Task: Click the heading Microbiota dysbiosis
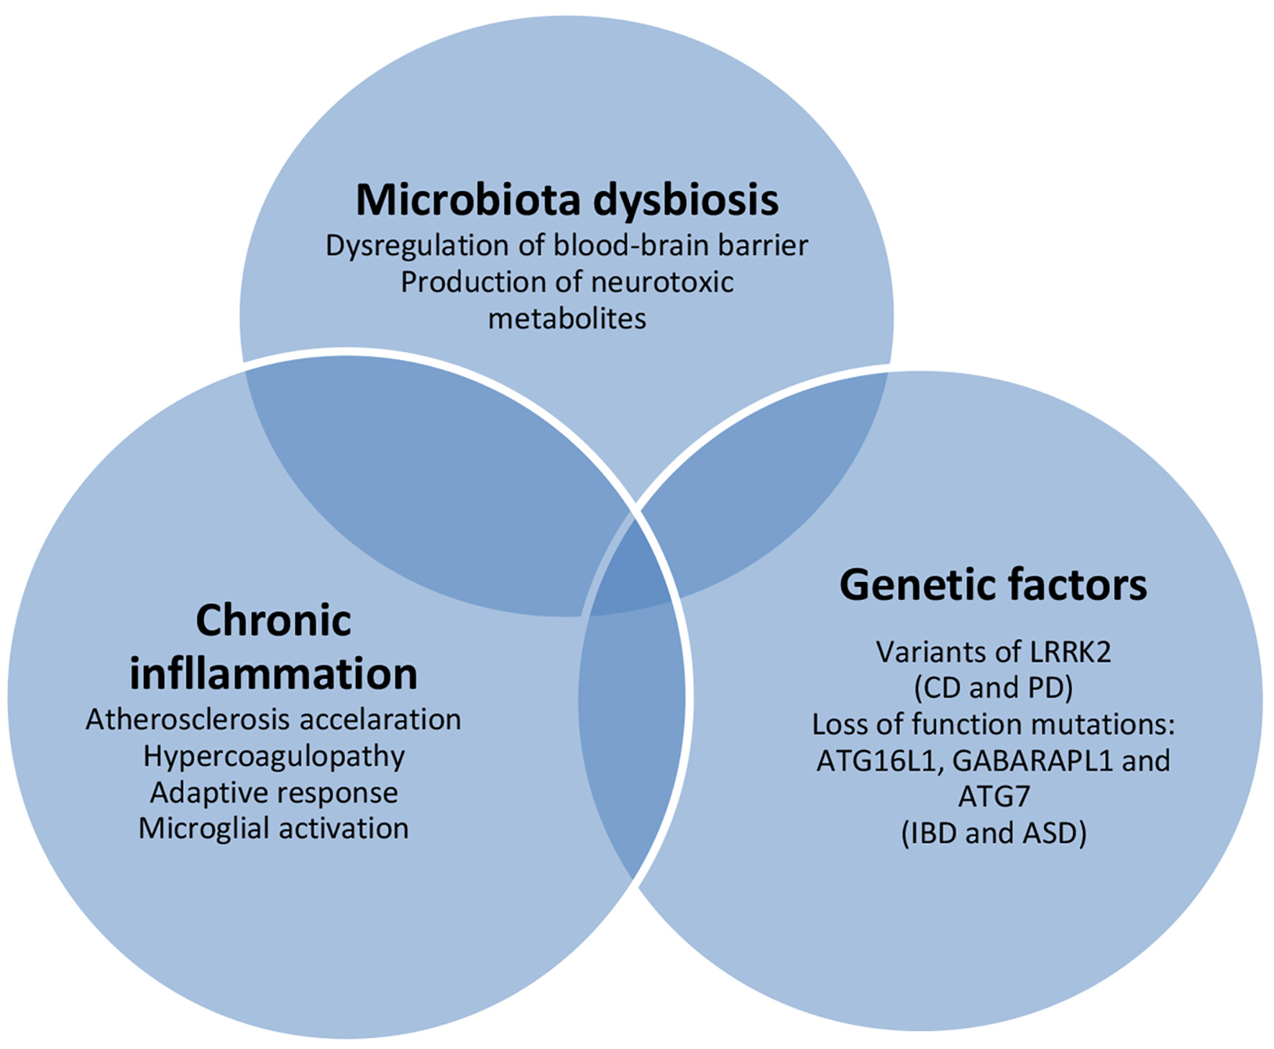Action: coord(567,200)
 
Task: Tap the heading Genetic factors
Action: coord(993,585)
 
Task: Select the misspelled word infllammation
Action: coord(273,674)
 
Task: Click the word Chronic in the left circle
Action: coord(273,620)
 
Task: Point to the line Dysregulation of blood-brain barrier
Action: coord(567,246)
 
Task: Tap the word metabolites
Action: coord(567,318)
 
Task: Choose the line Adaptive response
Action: coord(274,793)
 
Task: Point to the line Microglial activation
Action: coord(273,828)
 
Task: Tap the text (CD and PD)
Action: coord(994,688)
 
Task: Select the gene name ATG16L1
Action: coord(879,761)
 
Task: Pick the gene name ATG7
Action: coord(994,796)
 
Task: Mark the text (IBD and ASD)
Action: coord(994,833)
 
